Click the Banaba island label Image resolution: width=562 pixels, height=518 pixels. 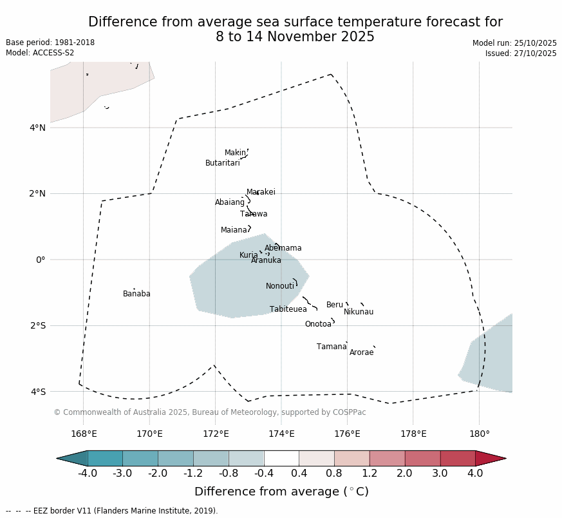click(x=136, y=294)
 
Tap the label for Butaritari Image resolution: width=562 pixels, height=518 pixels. click(x=223, y=164)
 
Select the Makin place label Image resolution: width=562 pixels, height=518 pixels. click(x=235, y=153)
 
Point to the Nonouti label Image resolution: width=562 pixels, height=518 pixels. click(x=280, y=287)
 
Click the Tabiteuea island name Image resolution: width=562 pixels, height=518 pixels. click(x=288, y=310)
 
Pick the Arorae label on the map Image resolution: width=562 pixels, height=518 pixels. click(x=362, y=353)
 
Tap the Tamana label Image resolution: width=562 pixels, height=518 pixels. click(x=332, y=347)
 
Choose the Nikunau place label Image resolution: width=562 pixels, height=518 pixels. click(x=359, y=312)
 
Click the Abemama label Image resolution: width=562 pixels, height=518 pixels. click(x=283, y=249)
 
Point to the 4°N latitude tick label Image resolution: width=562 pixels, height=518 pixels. click(x=37, y=128)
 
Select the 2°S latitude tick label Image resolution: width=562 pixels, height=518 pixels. click(x=37, y=326)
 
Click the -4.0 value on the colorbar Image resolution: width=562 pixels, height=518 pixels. click(x=88, y=474)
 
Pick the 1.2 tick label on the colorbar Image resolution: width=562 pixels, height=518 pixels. click(x=370, y=474)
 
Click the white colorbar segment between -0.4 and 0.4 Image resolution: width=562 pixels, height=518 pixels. click(x=281, y=458)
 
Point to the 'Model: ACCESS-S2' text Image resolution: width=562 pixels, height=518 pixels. click(x=40, y=53)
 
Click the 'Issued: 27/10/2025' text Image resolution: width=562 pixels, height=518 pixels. click(x=521, y=54)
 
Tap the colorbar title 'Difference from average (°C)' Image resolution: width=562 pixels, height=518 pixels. click(x=281, y=492)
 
